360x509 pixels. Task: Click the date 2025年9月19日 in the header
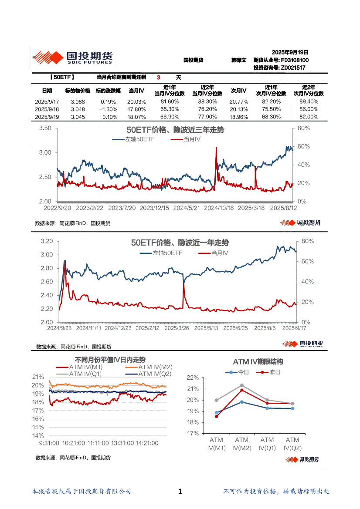tap(290, 52)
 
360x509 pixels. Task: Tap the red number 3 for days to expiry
tap(159, 78)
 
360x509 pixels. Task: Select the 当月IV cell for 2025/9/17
tap(136, 101)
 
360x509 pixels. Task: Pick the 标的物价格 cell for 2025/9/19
tap(78, 117)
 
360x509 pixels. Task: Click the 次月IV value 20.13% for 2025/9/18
tap(238, 109)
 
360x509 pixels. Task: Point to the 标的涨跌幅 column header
tap(106, 91)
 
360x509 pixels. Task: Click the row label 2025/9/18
tap(47, 109)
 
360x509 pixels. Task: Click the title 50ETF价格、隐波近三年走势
tap(175, 130)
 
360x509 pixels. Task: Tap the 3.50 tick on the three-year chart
tap(45, 128)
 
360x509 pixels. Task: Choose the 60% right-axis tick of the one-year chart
tap(306, 261)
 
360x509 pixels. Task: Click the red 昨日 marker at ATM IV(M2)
tap(242, 390)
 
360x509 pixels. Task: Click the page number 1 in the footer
tap(180, 492)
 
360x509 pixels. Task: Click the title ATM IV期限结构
tap(258, 362)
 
